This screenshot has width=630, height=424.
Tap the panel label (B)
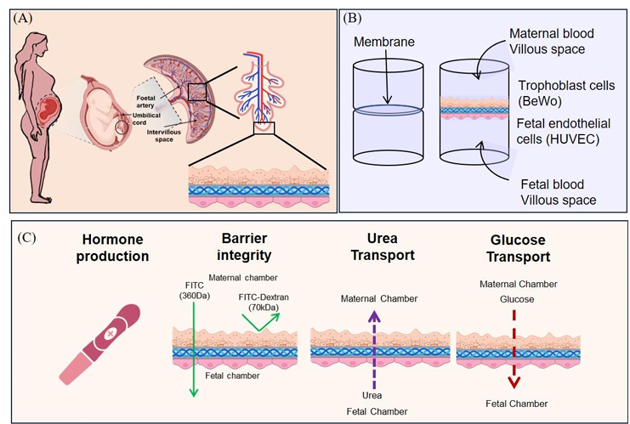click(354, 17)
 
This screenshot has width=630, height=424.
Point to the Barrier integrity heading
click(219, 246)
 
